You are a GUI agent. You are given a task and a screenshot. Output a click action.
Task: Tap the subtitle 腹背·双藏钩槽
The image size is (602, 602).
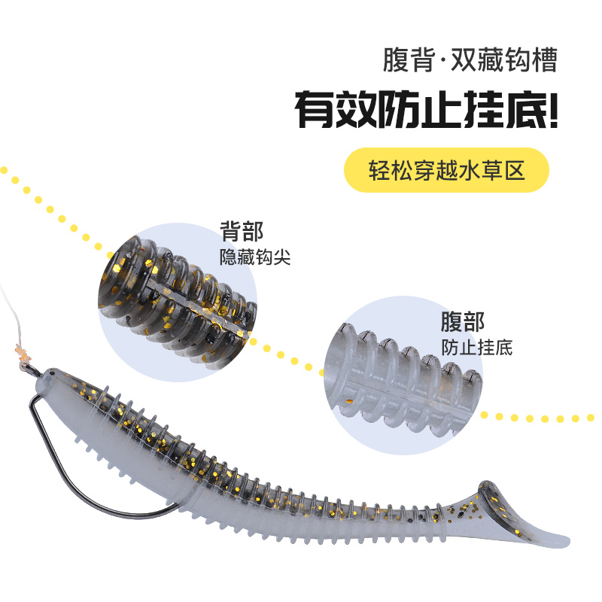[470, 60]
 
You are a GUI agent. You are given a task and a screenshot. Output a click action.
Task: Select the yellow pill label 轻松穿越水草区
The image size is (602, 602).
[446, 170]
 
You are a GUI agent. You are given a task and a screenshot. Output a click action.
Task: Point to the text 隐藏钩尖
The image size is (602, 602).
[254, 257]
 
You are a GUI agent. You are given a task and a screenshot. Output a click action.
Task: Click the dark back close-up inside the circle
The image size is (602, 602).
[177, 293]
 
